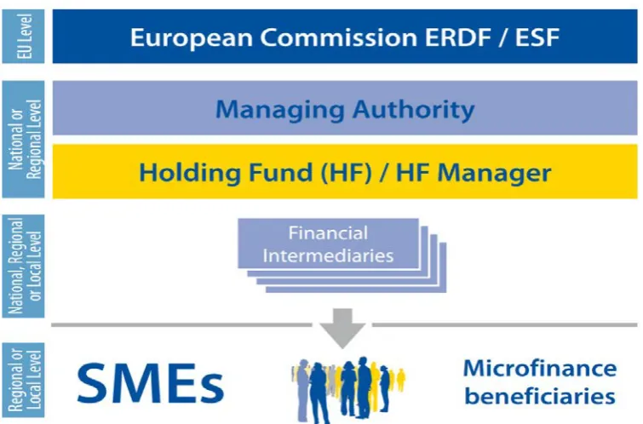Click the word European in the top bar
(191, 38)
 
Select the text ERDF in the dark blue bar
(457, 37)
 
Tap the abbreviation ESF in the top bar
(537, 37)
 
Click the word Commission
(338, 37)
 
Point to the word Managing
(280, 111)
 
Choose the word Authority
(413, 110)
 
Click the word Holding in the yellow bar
(189, 173)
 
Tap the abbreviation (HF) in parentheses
(346, 173)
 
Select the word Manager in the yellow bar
(494, 174)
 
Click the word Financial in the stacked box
(328, 233)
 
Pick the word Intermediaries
(328, 256)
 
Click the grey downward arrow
(342, 328)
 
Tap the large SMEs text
(151, 382)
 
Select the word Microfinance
(540, 368)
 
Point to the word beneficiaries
(540, 396)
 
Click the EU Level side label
(24, 37)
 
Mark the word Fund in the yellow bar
(281, 173)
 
